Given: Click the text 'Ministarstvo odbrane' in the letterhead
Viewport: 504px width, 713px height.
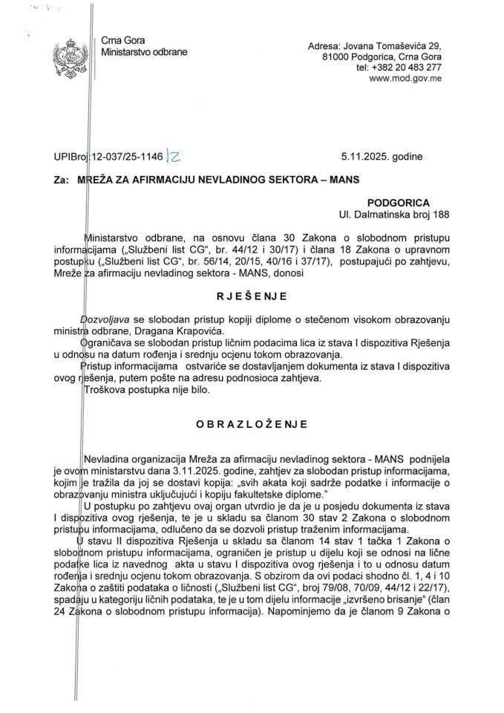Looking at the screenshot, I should click(143, 53).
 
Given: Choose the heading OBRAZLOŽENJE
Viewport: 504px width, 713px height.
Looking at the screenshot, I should click(252, 424).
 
